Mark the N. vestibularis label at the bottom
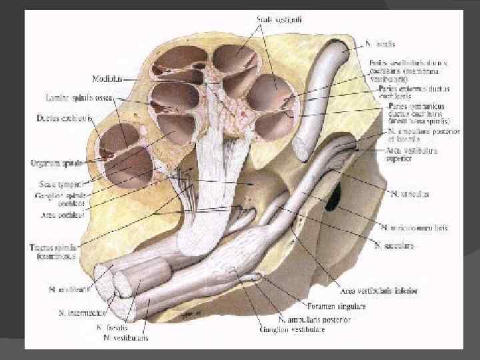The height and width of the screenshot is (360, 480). click(x=126, y=338)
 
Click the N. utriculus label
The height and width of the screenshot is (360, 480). click(x=407, y=195)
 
